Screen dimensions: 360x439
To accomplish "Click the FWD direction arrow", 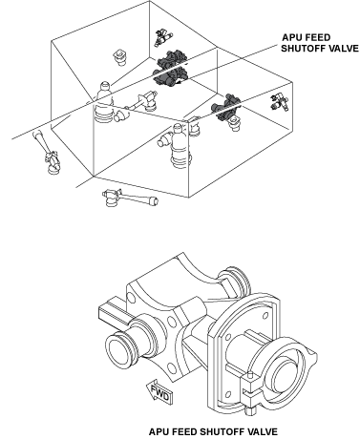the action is pyautogui.click(x=159, y=391).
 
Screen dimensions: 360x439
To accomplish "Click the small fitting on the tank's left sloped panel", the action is pyautogui.click(x=120, y=57).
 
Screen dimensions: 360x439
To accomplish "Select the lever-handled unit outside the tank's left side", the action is pyautogui.click(x=47, y=153).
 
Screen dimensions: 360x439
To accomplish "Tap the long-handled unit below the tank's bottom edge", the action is pyautogui.click(x=130, y=198).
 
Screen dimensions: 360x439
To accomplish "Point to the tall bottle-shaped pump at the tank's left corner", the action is pyautogui.click(x=105, y=103).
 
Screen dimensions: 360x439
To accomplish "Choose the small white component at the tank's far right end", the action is pyautogui.click(x=280, y=101).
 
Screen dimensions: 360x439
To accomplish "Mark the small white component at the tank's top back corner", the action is pyautogui.click(x=163, y=36).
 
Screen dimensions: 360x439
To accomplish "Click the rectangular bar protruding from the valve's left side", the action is pyautogui.click(x=113, y=313).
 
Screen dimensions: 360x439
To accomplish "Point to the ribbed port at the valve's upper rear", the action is pyautogui.click(x=236, y=282).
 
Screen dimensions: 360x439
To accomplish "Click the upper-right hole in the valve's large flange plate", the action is pyautogui.click(x=266, y=315).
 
